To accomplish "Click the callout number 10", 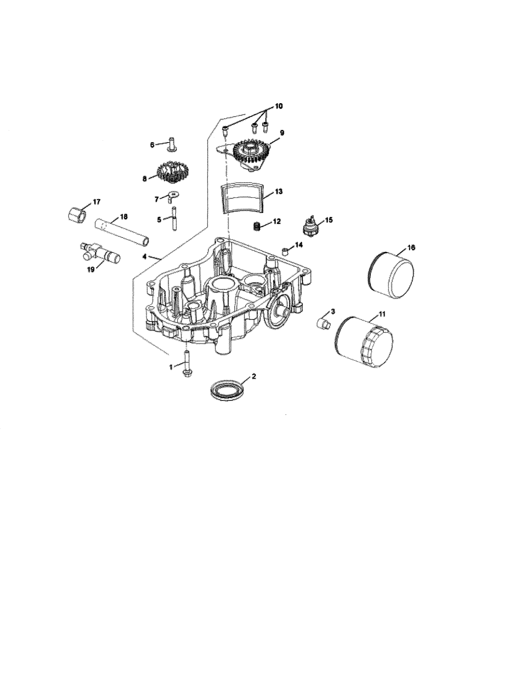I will click(279, 106).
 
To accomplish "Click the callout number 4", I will click(144, 256).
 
